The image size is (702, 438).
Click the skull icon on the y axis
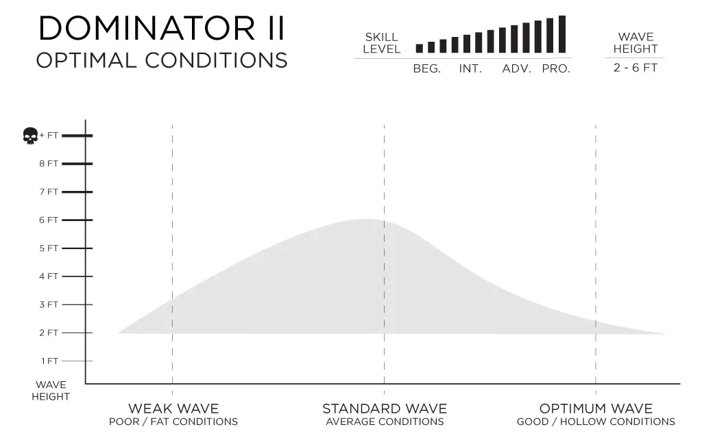click(29, 136)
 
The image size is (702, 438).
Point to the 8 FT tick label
click(49, 164)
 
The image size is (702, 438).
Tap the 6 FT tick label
click(49, 220)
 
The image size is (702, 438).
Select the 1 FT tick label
click(49, 361)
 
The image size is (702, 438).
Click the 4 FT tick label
click(49, 276)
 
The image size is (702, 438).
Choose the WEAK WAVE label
click(173, 409)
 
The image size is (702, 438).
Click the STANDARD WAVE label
click(385, 409)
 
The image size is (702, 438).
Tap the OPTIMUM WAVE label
click(596, 409)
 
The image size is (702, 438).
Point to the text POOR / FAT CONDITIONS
click(173, 422)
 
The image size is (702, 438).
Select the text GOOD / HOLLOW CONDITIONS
click(596, 422)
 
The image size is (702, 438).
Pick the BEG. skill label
click(426, 69)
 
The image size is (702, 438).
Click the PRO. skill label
click(556, 69)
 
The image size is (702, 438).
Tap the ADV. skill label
click(517, 69)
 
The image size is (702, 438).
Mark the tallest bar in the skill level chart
click(562, 34)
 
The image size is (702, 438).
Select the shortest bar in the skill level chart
click(420, 49)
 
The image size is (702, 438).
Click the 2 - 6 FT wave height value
click(636, 68)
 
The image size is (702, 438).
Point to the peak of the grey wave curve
click(365, 220)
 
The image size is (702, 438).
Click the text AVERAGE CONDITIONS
click(385, 422)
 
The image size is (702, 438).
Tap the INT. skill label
click(470, 69)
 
